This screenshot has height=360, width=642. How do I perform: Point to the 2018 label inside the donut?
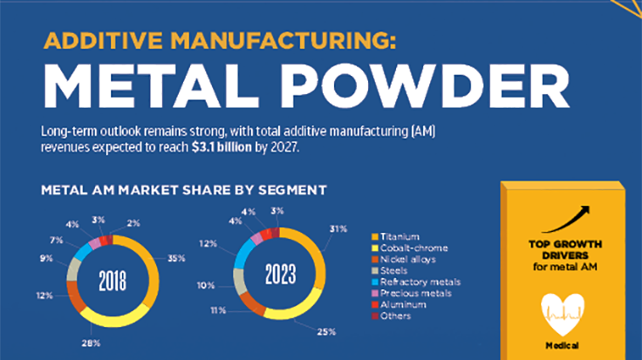113,282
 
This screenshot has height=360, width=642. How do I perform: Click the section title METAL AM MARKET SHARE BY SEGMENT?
184,188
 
